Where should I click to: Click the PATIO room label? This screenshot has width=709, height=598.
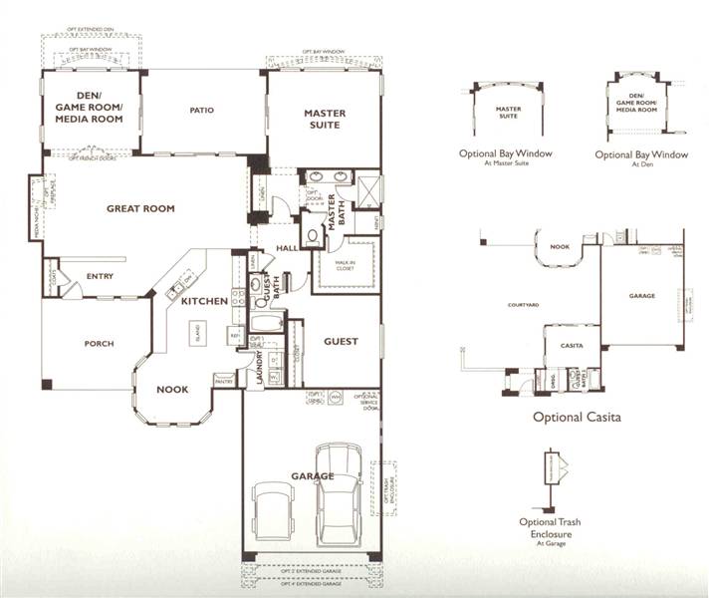(203, 111)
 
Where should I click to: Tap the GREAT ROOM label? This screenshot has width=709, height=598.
(140, 208)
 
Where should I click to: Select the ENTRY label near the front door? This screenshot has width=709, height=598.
(101, 277)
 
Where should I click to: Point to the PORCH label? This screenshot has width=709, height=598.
(99, 344)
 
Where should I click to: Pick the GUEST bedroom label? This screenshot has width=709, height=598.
(340, 342)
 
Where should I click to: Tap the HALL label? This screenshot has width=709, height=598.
(288, 249)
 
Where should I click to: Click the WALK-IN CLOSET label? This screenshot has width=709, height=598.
(345, 264)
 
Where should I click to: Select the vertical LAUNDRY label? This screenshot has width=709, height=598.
(259, 368)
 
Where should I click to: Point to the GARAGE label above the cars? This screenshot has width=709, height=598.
(313, 476)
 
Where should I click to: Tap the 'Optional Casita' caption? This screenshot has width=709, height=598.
(577, 418)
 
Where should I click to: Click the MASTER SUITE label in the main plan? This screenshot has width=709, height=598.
(325, 120)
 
